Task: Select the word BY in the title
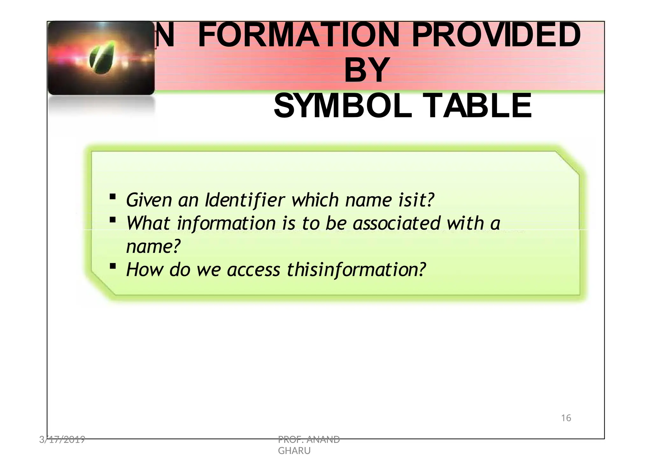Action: coord(367,70)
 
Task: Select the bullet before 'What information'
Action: coord(112,220)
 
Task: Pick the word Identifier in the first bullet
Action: coord(245,200)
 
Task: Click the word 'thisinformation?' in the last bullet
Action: coord(356,270)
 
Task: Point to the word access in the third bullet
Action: coord(253,270)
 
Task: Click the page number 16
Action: coord(566,418)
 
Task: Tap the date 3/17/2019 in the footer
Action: coord(62,440)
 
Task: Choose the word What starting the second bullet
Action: coord(148,223)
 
